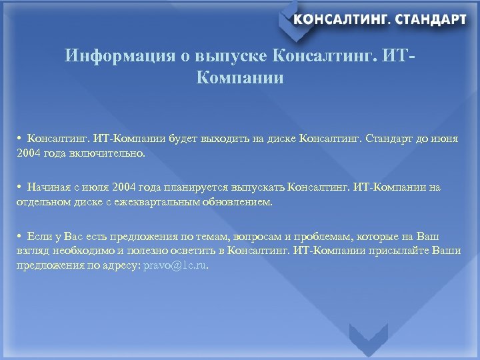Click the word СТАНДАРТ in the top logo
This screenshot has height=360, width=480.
coord(431,19)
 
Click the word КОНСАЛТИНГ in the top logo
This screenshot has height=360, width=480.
coord(339,19)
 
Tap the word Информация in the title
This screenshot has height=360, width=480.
coord(120,56)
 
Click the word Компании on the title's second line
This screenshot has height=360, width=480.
coord(240,79)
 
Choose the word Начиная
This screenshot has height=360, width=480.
coord(47,188)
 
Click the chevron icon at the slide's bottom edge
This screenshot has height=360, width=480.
coord(368,340)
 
